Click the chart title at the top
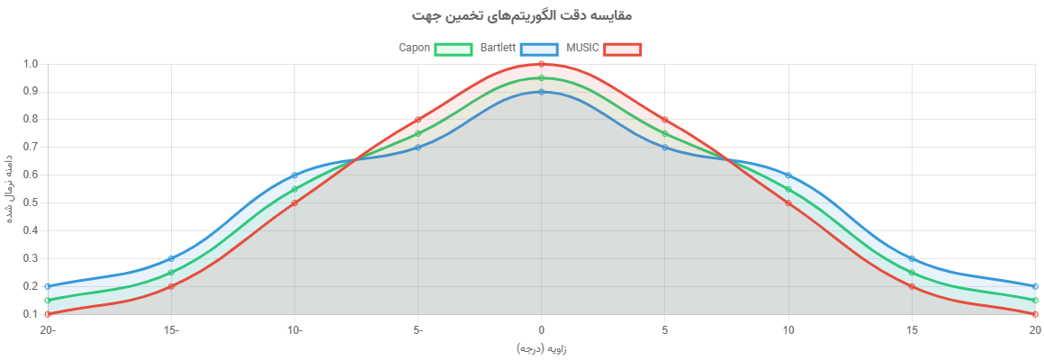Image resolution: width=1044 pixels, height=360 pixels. pos(522,15)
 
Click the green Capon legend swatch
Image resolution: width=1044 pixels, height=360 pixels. pos(454,49)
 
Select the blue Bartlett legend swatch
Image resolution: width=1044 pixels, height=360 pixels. pos(540,49)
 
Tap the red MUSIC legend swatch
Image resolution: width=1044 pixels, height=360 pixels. pos(623,49)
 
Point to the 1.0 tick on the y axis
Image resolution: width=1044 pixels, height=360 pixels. pos(31,64)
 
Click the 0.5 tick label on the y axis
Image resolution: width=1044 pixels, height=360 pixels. pos(31,202)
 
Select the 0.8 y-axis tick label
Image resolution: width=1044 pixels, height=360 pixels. pos(31,119)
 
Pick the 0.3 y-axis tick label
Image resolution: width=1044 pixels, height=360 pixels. pos(31,258)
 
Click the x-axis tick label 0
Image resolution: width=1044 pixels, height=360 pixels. pos(541,330)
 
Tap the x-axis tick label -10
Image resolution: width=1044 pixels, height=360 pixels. pos(293,330)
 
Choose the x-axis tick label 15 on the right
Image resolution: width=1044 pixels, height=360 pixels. pos(912,330)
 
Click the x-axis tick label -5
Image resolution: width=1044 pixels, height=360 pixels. pos(418,330)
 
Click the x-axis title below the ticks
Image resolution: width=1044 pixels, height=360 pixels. pos(541,348)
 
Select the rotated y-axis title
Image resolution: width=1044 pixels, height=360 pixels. pos(8,189)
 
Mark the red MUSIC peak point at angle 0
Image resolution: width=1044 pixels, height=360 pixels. pos(541,63)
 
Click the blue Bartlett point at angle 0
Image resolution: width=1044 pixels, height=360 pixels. pos(541,91)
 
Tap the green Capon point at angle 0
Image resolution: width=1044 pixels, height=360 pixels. pos(541,77)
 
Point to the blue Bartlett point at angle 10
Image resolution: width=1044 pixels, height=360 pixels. pos(788,175)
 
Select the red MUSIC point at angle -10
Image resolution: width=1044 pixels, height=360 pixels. pos(294,202)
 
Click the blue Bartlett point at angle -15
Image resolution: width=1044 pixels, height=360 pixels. pos(170,258)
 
